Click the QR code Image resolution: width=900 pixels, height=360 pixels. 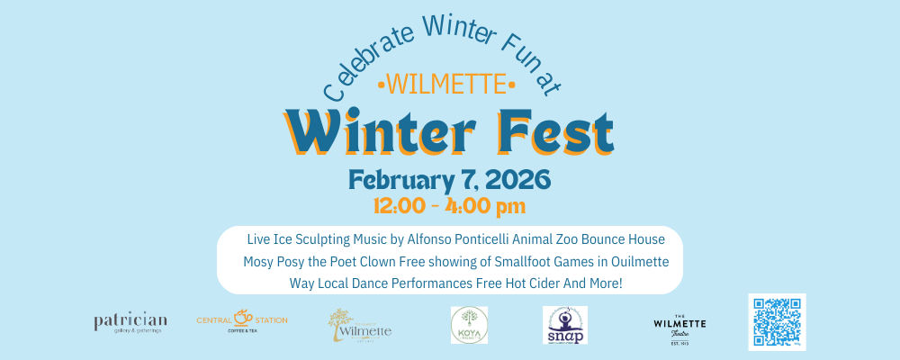point(777,321)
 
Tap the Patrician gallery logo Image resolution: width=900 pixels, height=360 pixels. point(130,323)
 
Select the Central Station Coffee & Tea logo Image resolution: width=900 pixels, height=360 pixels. point(242,320)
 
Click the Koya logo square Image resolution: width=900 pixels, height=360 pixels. point(469,325)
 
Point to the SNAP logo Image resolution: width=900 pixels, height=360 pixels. point(565,325)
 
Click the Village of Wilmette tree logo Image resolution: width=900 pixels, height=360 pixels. point(359,325)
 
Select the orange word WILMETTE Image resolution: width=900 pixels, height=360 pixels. point(447,85)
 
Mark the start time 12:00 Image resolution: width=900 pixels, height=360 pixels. point(406,206)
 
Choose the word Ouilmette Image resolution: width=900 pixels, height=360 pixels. point(627,262)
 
